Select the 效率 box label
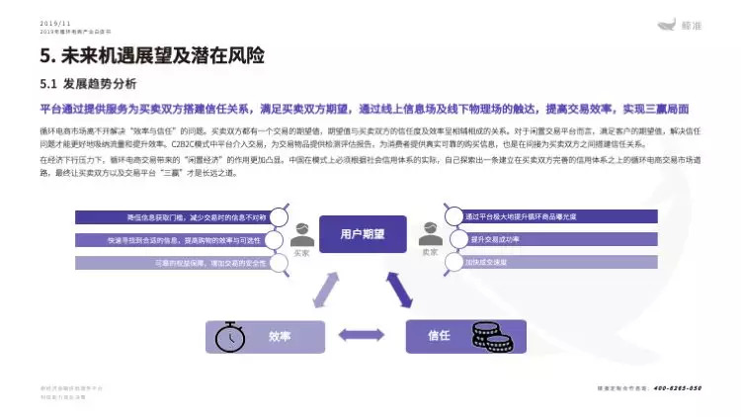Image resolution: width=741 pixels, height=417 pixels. tap(281, 336)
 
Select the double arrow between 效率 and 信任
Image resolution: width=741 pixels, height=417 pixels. tap(364, 336)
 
